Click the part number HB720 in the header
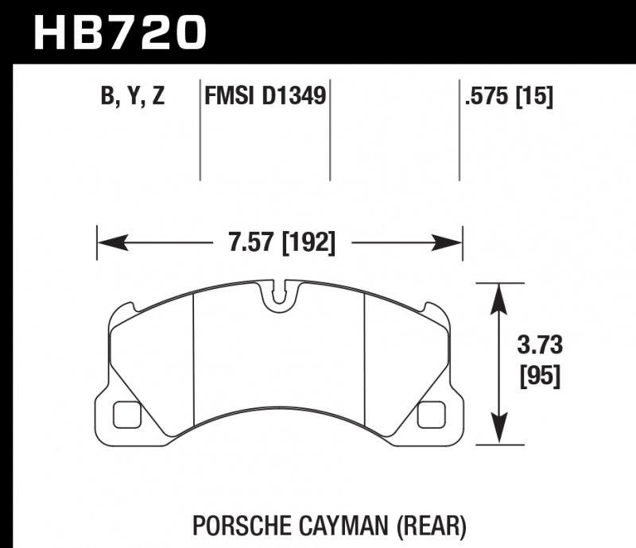click(120, 33)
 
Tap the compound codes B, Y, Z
click(132, 98)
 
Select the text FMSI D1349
click(264, 98)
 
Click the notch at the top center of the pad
click(279, 295)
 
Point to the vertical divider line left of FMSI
click(198, 131)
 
